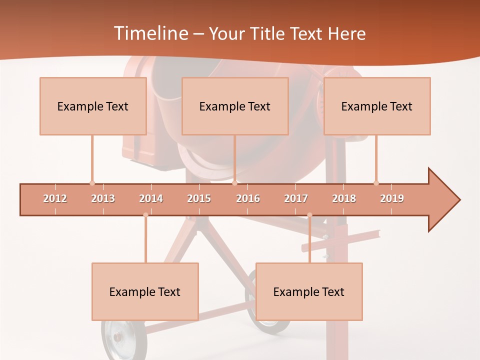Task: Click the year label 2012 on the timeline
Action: tap(55, 198)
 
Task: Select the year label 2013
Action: tap(103, 198)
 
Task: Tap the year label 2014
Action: tap(151, 198)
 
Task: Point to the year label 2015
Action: tap(199, 198)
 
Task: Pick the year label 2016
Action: tap(248, 198)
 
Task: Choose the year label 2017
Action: tap(296, 198)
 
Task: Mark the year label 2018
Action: tap(344, 198)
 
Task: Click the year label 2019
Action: tap(392, 198)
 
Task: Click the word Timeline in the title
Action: tap(150, 33)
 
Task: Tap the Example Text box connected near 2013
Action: tap(93, 106)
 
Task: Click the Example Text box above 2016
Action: tap(235, 106)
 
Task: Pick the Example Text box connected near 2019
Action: tap(377, 106)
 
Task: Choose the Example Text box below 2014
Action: tap(145, 291)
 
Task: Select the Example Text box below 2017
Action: tap(309, 291)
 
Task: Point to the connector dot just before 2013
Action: tap(92, 183)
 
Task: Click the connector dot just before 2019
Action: tap(376, 183)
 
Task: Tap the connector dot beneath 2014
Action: tap(145, 215)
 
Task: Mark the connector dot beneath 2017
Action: tap(309, 215)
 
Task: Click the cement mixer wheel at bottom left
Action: tap(117, 340)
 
